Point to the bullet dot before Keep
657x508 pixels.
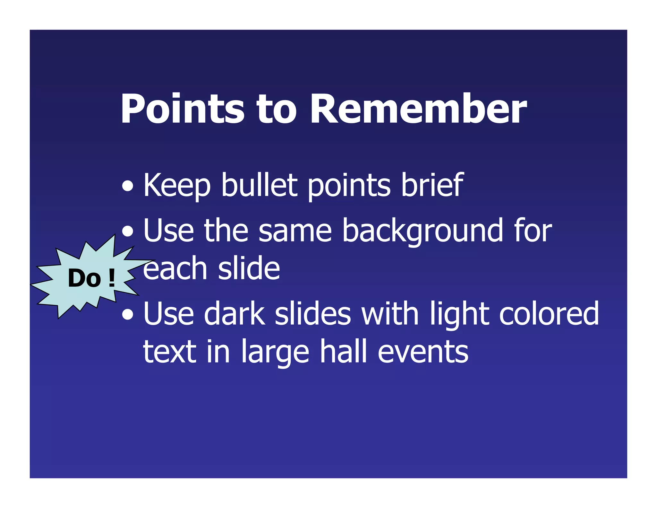(x=128, y=186)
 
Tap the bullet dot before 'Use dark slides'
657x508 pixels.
(x=128, y=315)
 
